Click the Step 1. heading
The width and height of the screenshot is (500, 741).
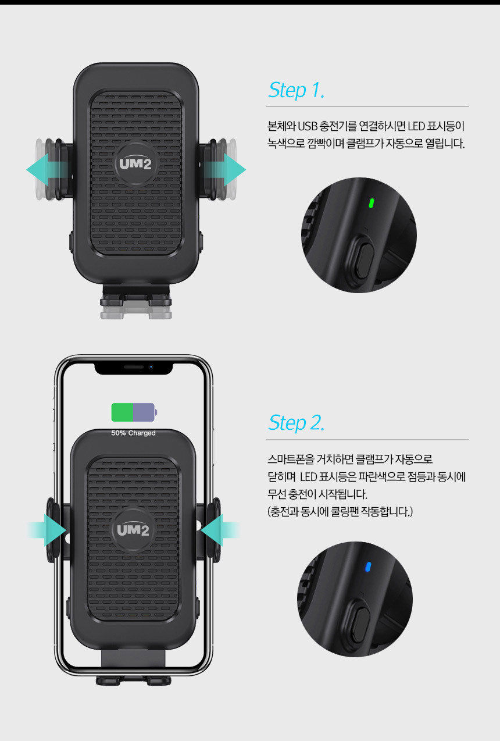click(296, 90)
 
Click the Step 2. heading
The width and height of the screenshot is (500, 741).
click(296, 423)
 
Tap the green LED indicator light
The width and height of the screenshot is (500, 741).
click(371, 203)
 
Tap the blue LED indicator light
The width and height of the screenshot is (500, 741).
click(367, 567)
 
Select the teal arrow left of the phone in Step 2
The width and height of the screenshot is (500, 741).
click(47, 530)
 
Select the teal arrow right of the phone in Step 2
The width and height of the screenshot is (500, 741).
click(220, 530)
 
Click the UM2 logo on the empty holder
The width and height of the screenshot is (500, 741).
click(135, 164)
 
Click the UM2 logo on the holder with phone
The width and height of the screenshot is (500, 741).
click(133, 530)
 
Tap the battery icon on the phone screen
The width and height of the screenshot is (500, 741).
click(134, 412)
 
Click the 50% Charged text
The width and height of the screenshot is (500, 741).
click(133, 433)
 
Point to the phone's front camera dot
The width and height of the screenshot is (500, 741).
click(151, 367)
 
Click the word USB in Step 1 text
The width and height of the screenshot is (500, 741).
click(308, 126)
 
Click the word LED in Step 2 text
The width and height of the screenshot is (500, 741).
click(309, 477)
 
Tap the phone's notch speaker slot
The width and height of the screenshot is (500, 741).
click(134, 367)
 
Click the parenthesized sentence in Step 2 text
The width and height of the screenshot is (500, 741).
click(340, 512)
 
